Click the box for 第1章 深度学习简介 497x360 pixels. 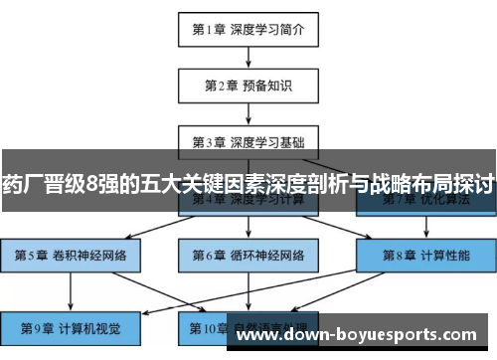(248, 29)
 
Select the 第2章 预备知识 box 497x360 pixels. (248, 86)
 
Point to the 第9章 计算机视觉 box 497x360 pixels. (70, 325)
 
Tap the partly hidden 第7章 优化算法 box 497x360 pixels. (425, 204)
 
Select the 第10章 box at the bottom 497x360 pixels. (248, 325)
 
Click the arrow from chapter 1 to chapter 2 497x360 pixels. (248, 57)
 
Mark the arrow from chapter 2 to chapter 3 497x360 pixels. (248, 112)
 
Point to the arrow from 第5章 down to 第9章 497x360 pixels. (70, 289)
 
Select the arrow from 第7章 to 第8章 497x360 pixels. (425, 229)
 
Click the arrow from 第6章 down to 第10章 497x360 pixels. (248, 289)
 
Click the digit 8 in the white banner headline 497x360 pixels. (92, 184)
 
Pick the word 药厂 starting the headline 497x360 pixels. (23, 184)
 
